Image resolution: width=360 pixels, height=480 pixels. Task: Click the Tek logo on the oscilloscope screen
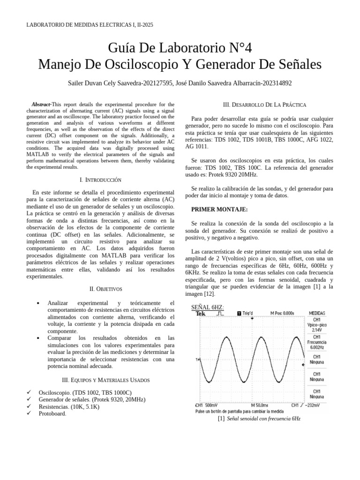201,314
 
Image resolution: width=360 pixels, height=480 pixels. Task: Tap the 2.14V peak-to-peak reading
317,330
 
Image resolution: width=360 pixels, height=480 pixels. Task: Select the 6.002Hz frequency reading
317,347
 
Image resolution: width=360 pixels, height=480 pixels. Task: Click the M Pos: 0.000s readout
282,313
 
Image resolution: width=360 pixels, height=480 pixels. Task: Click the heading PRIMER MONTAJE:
219,209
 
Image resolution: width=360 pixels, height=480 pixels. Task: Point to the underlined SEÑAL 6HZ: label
208,307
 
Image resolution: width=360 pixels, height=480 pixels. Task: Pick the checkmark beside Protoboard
29,414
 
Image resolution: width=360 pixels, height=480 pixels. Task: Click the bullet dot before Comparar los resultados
38,338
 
